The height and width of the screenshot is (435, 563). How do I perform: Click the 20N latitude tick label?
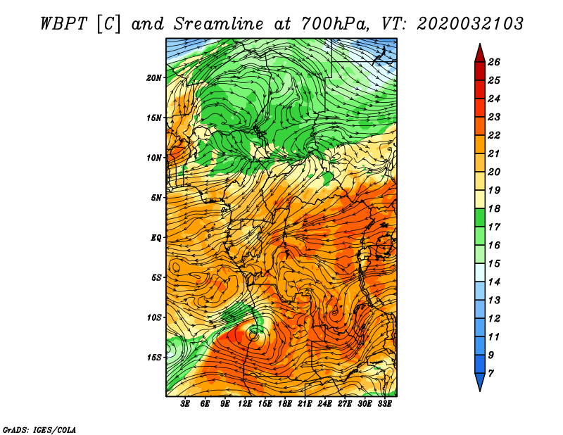153,77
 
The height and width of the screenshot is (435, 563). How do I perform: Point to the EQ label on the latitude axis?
156,237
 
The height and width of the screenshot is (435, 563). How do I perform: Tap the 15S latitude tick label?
154,358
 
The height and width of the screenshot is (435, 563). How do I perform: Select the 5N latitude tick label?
156,198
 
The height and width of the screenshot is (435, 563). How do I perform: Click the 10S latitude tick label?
154,317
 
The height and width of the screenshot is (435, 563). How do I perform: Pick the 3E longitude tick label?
185,403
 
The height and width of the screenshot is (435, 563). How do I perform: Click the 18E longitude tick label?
285,403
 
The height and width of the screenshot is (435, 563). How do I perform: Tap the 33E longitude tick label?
384,403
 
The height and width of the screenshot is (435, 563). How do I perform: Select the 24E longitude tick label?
324,403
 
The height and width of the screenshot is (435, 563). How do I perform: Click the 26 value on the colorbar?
494,62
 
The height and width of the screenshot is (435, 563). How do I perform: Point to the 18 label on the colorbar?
494,208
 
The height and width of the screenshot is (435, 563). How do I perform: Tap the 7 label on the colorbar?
491,374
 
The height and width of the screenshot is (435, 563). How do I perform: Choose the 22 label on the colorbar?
494,135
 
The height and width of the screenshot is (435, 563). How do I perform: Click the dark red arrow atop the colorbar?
480,53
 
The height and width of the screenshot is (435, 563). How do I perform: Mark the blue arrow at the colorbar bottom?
480,382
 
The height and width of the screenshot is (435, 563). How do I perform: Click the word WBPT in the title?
63,24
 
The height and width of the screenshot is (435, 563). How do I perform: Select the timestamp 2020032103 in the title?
470,24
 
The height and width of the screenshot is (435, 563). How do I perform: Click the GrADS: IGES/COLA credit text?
39,430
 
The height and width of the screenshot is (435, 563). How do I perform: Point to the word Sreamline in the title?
219,24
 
